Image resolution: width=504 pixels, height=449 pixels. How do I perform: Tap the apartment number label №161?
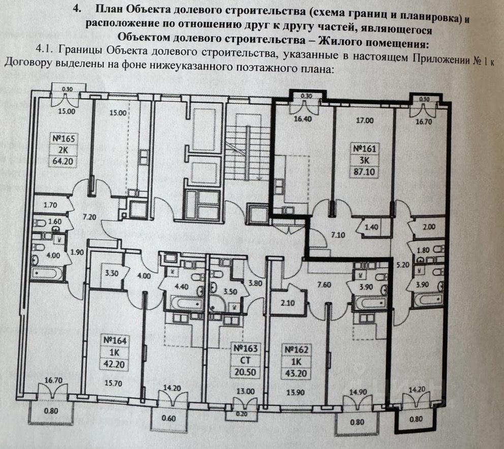365,148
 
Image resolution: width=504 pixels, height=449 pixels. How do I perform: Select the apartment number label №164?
114,340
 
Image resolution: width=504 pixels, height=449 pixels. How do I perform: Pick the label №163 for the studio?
246,349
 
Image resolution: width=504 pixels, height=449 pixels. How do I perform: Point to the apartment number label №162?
297,350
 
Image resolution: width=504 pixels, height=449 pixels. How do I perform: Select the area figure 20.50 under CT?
246,372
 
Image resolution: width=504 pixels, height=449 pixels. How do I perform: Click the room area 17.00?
365,121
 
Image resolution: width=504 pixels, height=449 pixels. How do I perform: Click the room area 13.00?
246,392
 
